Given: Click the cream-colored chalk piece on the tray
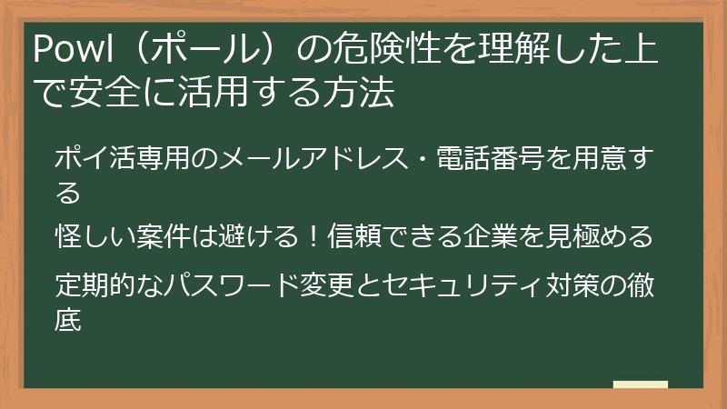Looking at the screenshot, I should (640, 384).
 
